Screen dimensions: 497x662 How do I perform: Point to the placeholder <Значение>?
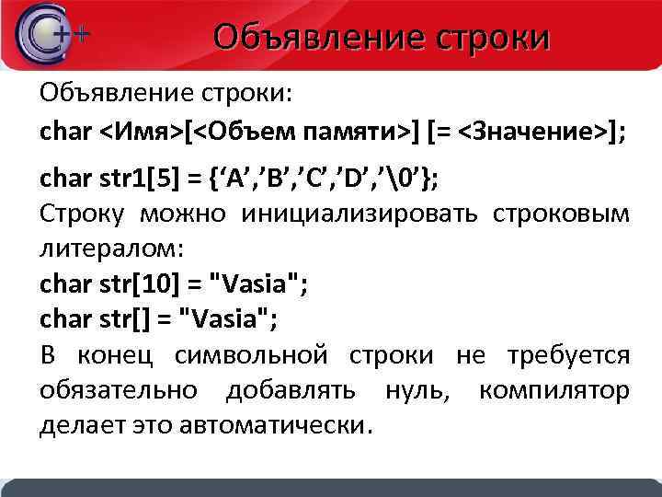(533, 131)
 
